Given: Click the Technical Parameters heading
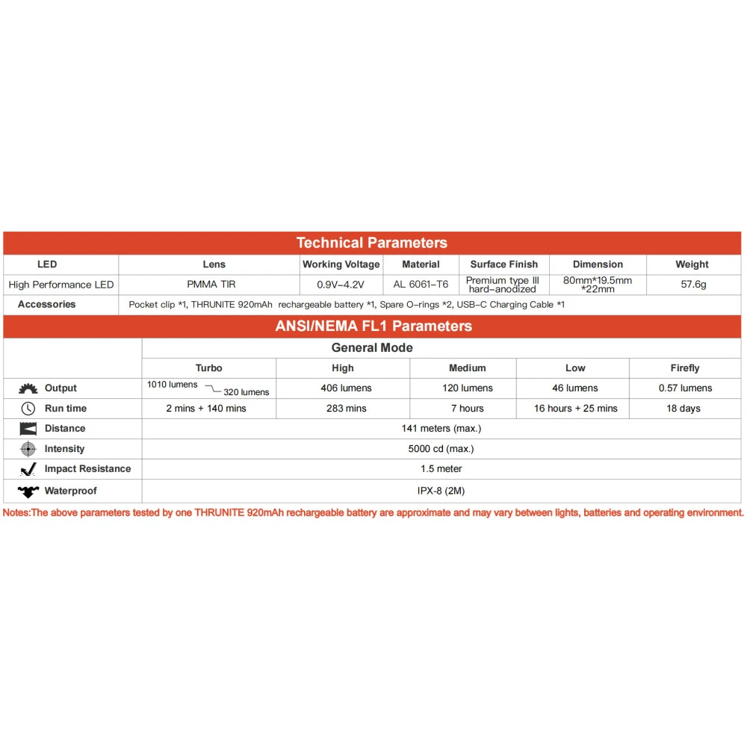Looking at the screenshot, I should pos(371,243).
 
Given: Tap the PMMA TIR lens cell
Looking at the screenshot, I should pos(213,285).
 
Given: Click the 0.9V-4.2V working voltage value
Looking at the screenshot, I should pos(341,285).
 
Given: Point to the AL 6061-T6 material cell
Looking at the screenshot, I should pos(421,285).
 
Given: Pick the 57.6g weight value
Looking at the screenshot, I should pos(693,285).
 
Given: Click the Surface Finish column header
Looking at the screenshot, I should pos(503,264).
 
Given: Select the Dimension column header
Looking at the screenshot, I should pos(598,264).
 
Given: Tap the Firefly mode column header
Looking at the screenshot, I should pos(685,368).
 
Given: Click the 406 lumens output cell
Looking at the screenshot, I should pos(342,388).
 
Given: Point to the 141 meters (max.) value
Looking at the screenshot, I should pos(441,429).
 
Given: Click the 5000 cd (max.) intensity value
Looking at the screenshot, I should pos(441,449).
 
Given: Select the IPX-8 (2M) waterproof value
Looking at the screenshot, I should pos(441,491).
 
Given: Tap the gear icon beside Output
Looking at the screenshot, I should pos(28,388).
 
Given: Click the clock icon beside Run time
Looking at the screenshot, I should pos(28,409).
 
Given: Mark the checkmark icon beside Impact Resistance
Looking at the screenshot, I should pos(28,469).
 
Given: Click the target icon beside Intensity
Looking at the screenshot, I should pos(28,449).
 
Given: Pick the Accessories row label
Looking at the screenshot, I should pos(46,305).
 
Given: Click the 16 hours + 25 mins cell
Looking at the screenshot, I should pos(575,409).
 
